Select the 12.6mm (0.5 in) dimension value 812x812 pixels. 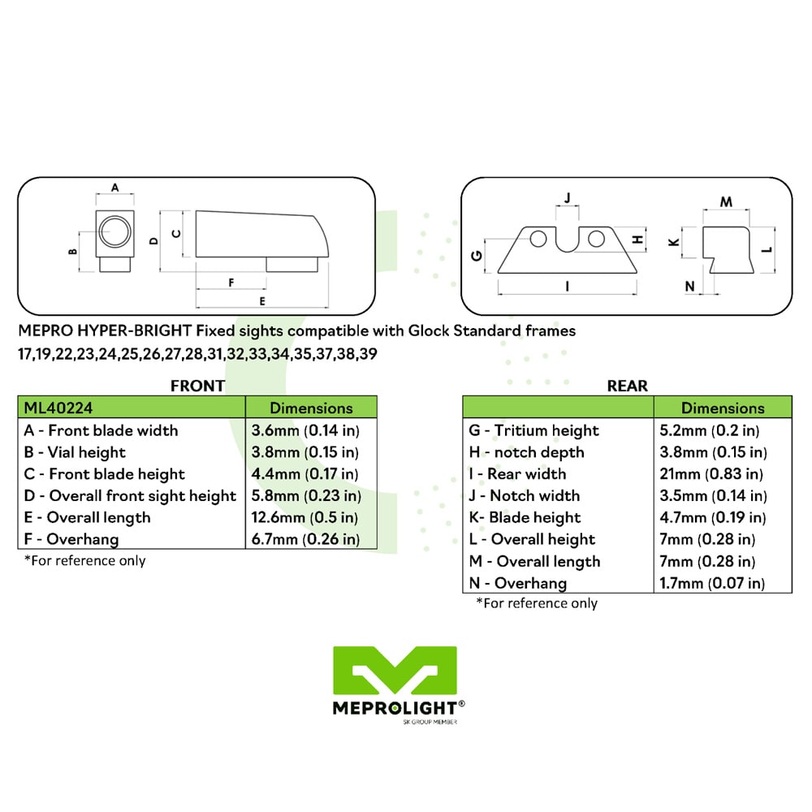304,517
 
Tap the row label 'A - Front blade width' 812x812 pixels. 101,430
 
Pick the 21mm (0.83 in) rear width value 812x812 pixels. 711,474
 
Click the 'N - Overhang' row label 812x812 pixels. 517,583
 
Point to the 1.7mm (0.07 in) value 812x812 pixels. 712,583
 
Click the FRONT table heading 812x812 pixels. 197,386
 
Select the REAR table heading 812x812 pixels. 627,386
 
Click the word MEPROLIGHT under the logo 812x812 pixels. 395,708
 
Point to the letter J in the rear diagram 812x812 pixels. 567,198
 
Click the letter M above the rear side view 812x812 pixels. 726,201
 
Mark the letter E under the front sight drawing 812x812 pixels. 262,301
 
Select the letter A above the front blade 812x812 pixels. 115,188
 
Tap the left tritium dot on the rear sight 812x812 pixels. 538,239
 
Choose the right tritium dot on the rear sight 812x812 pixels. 596,239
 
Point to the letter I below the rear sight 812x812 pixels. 567,286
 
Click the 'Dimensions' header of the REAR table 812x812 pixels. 723,408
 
